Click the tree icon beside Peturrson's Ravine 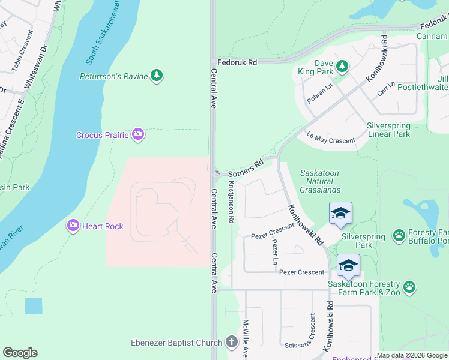[x=157, y=75]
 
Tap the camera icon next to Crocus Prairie [x=138, y=134]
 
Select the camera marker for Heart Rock [x=73, y=225]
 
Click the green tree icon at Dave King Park [x=342, y=65]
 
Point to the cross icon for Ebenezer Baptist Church [x=232, y=343]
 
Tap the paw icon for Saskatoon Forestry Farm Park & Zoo [x=409, y=287]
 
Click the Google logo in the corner [x=20, y=352]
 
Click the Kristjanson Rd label [x=231, y=202]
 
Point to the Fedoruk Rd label [x=237, y=62]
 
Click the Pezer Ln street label [x=275, y=252]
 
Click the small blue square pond [x=34, y=306]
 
